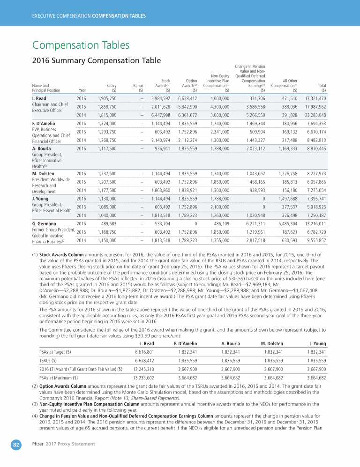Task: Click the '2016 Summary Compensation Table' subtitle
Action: coord(96,61)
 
